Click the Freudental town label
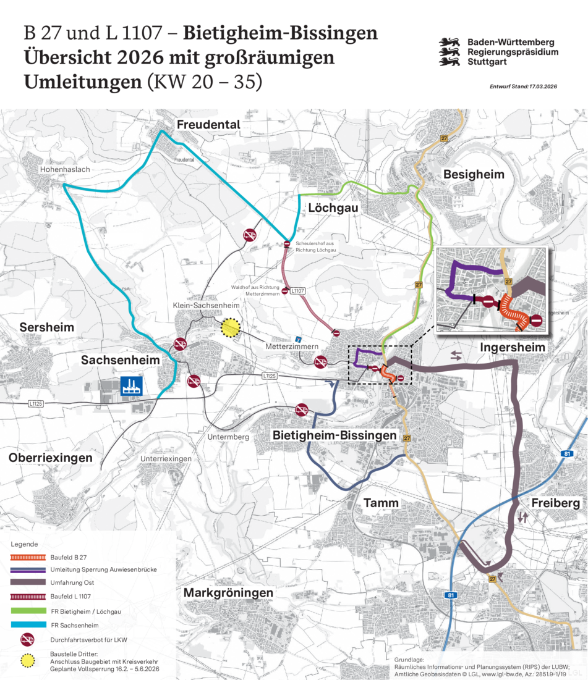point(208,125)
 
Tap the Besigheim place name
point(474,175)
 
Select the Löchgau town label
point(333,209)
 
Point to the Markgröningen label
point(228,593)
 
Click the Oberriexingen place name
point(50,458)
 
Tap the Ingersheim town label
point(513,348)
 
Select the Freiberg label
point(555,503)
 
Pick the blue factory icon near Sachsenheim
point(131,386)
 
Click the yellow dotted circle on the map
point(231,328)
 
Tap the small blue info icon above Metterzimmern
point(299,339)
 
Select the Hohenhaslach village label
point(65,168)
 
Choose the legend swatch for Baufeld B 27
point(28,556)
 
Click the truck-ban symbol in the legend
point(28,639)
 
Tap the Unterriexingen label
point(166,459)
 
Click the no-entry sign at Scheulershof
point(287,245)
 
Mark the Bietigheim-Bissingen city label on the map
point(334,435)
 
